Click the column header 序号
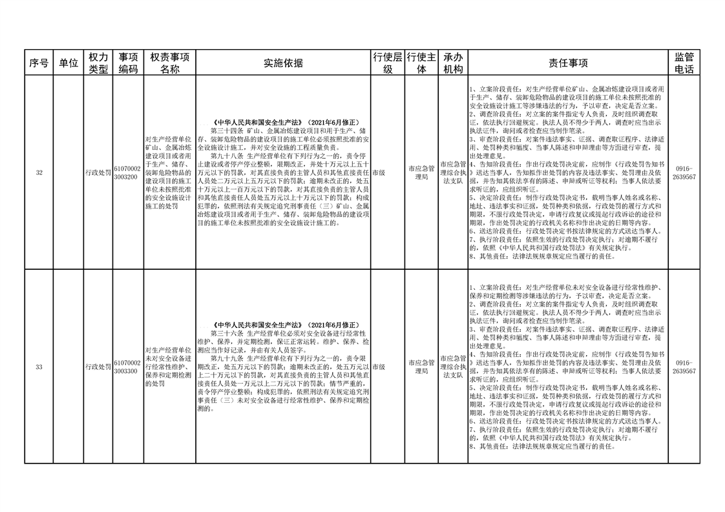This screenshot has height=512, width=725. pos(39,63)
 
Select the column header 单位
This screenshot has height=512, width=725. pos(68,63)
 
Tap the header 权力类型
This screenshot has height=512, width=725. pos(98,63)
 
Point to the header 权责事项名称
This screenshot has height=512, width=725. pos(169,63)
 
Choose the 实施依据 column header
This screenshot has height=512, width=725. pos(283,63)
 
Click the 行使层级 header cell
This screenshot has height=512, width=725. pos(388,63)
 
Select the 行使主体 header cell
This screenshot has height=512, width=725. pos(421,63)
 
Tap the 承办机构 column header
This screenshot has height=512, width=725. pos(454,63)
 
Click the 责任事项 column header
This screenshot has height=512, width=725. pos(568,63)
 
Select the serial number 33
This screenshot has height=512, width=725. pos(39,367)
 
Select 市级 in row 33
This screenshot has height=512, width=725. pos(379,367)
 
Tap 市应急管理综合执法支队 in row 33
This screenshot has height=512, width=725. pos(454,367)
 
